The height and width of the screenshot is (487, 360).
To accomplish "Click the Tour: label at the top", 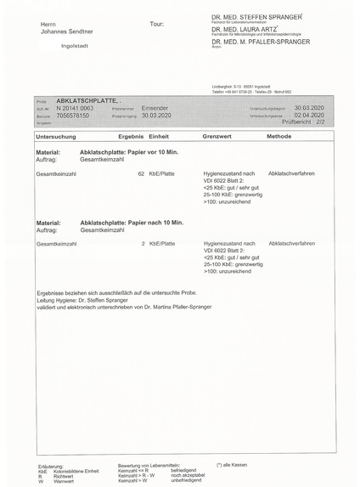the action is pos(156,24).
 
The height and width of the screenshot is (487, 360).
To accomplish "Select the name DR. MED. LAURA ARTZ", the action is pos(246,30).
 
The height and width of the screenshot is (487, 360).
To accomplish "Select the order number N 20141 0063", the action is pos(75,109).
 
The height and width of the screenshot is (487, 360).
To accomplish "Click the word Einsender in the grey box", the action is pos(156,109).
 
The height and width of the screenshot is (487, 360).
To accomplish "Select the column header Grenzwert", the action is pos(217,136).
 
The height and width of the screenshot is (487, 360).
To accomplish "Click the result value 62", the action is pos(141,173).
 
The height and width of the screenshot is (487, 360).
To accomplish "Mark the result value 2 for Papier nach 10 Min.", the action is pos(143,243).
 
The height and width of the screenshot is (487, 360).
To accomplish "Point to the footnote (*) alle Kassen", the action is pos(232,465).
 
